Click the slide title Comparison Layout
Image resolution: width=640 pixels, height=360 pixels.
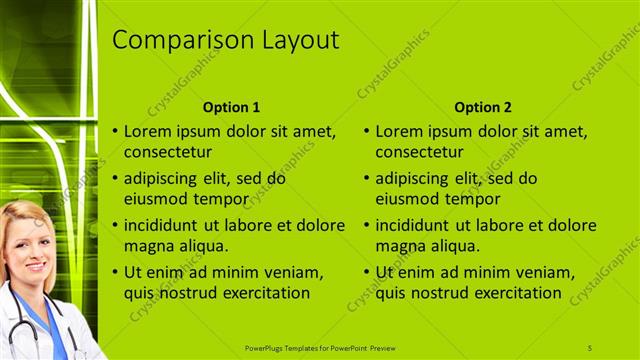click(x=225, y=40)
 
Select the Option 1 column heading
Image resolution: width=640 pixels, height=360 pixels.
click(x=231, y=107)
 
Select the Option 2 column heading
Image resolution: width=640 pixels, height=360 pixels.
click(x=482, y=107)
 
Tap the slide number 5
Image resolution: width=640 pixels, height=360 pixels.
click(x=589, y=347)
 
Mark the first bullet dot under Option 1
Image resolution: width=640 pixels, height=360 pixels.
click(x=115, y=131)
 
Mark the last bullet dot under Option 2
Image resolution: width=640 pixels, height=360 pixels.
click(x=367, y=272)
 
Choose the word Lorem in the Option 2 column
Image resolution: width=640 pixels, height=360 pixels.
click(x=398, y=131)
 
